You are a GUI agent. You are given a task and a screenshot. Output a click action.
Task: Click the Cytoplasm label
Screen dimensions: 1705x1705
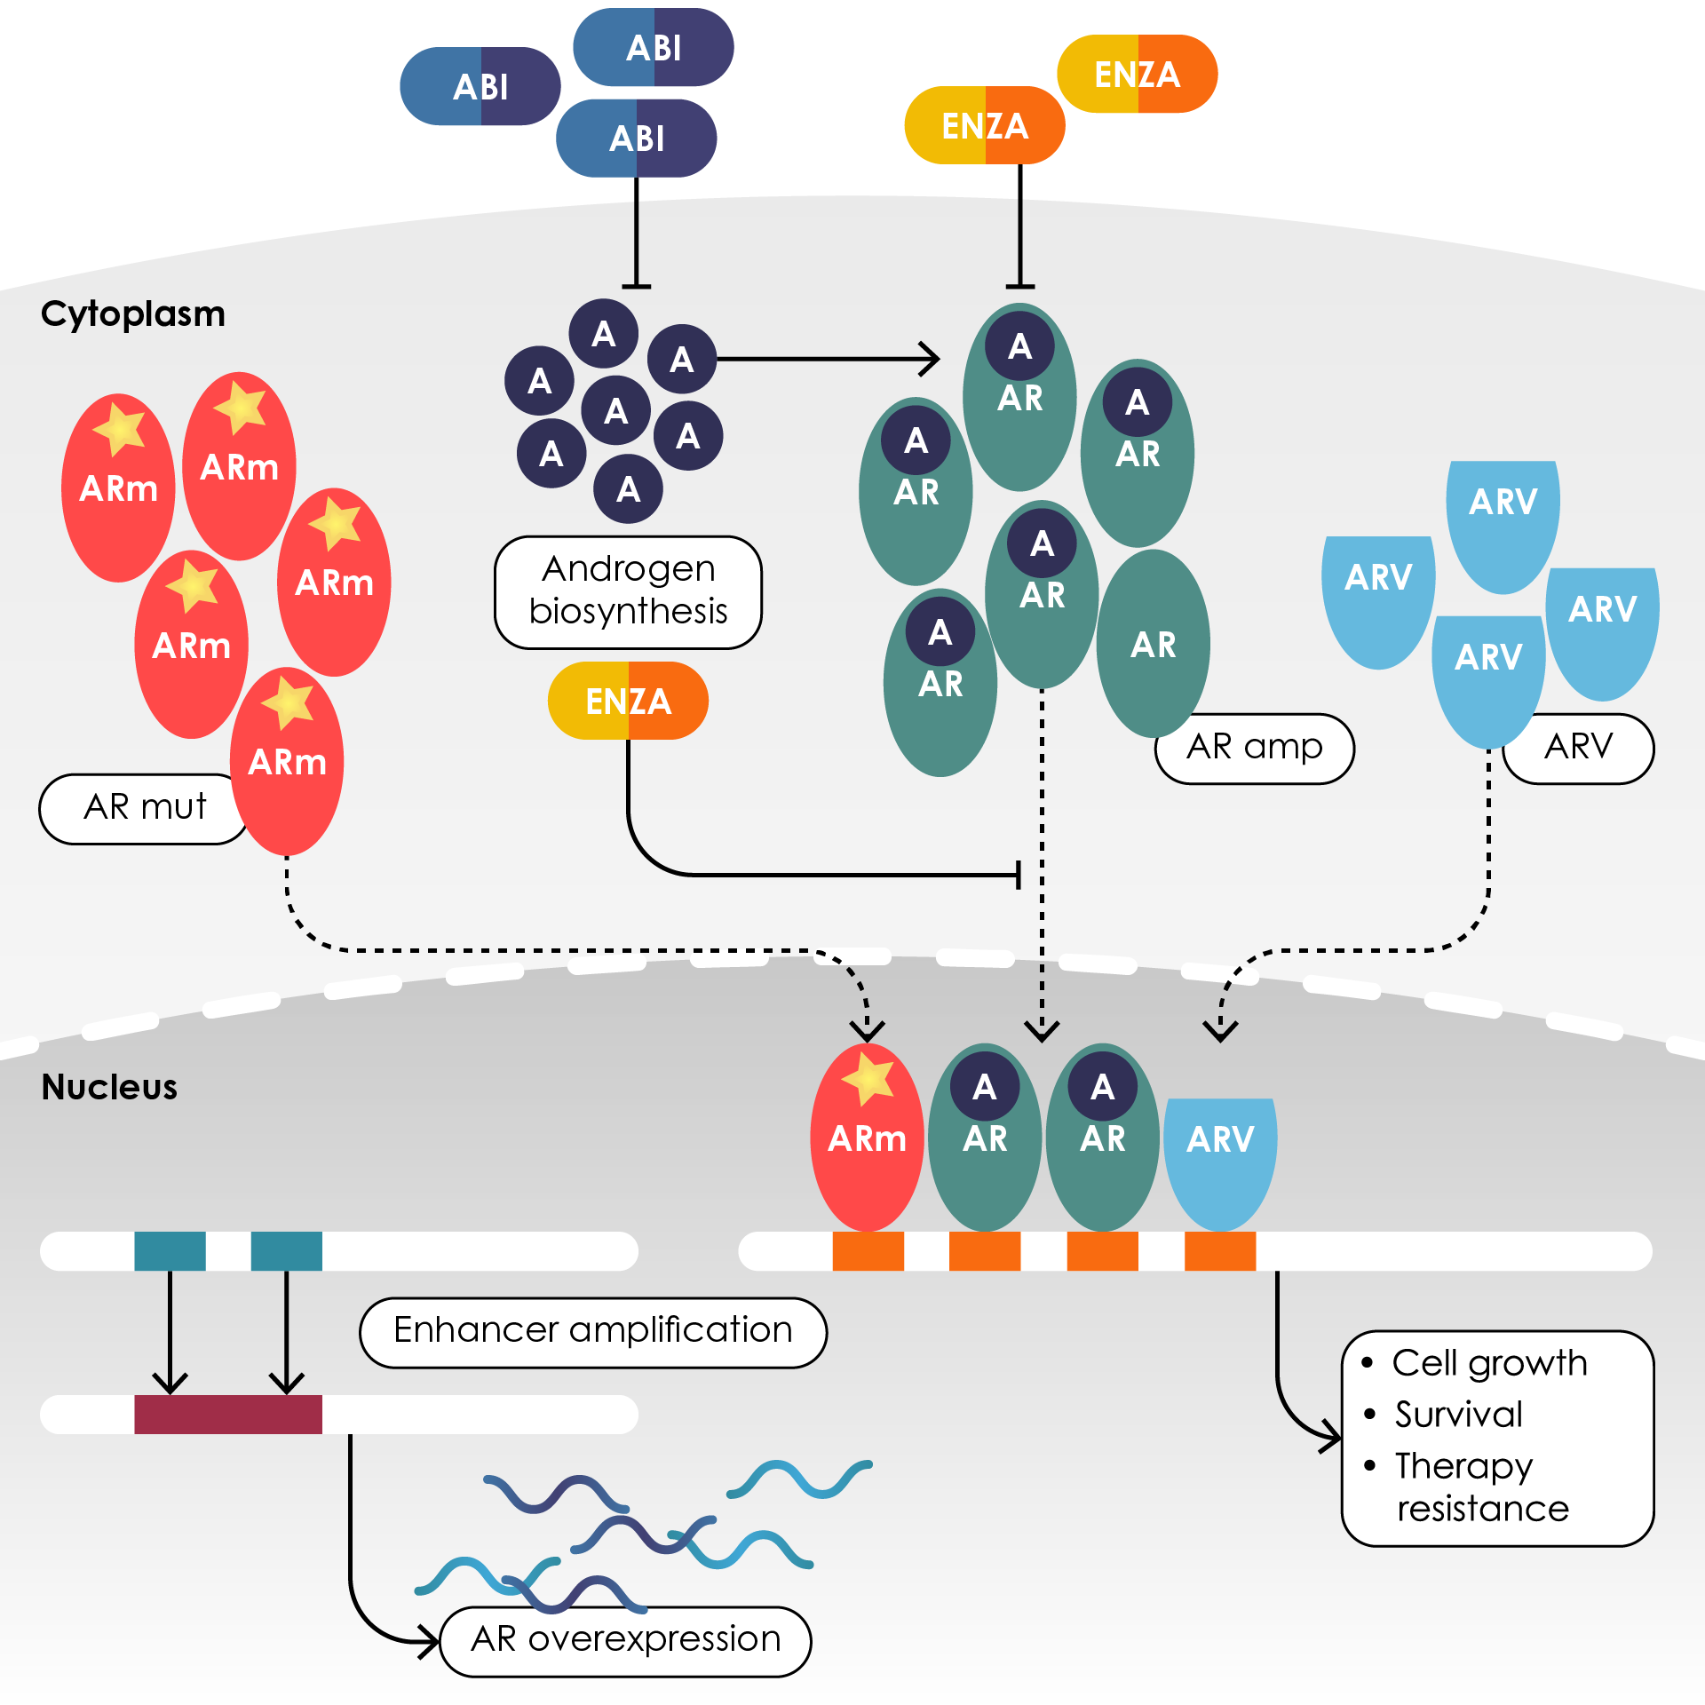133,314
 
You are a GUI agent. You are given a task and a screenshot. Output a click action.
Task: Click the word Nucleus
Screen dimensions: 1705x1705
109,1087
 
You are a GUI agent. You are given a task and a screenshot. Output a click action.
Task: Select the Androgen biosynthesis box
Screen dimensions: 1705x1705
628,591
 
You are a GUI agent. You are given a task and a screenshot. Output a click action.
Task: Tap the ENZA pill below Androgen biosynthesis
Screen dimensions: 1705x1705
628,701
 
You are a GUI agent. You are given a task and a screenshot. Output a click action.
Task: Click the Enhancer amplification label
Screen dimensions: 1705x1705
592,1331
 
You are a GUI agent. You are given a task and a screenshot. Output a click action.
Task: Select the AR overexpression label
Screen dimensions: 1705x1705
625,1640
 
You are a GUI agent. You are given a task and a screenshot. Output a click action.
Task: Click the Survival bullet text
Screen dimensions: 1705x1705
1458,1415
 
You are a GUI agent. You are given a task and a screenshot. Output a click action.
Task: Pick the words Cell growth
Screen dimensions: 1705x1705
1489,1363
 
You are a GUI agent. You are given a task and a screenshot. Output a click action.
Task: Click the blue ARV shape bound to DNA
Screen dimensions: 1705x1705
1220,1154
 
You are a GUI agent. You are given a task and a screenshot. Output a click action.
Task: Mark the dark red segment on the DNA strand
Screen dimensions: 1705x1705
228,1414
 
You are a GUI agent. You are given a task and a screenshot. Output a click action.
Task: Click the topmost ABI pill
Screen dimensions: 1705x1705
654,48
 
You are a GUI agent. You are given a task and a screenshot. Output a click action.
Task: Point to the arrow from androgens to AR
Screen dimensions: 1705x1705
826,359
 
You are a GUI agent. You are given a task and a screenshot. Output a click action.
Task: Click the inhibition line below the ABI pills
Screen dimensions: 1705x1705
636,244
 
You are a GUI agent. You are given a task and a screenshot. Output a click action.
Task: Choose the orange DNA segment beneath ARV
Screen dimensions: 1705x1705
1220,1251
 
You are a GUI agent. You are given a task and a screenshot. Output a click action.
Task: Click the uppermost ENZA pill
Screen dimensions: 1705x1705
1137,75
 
